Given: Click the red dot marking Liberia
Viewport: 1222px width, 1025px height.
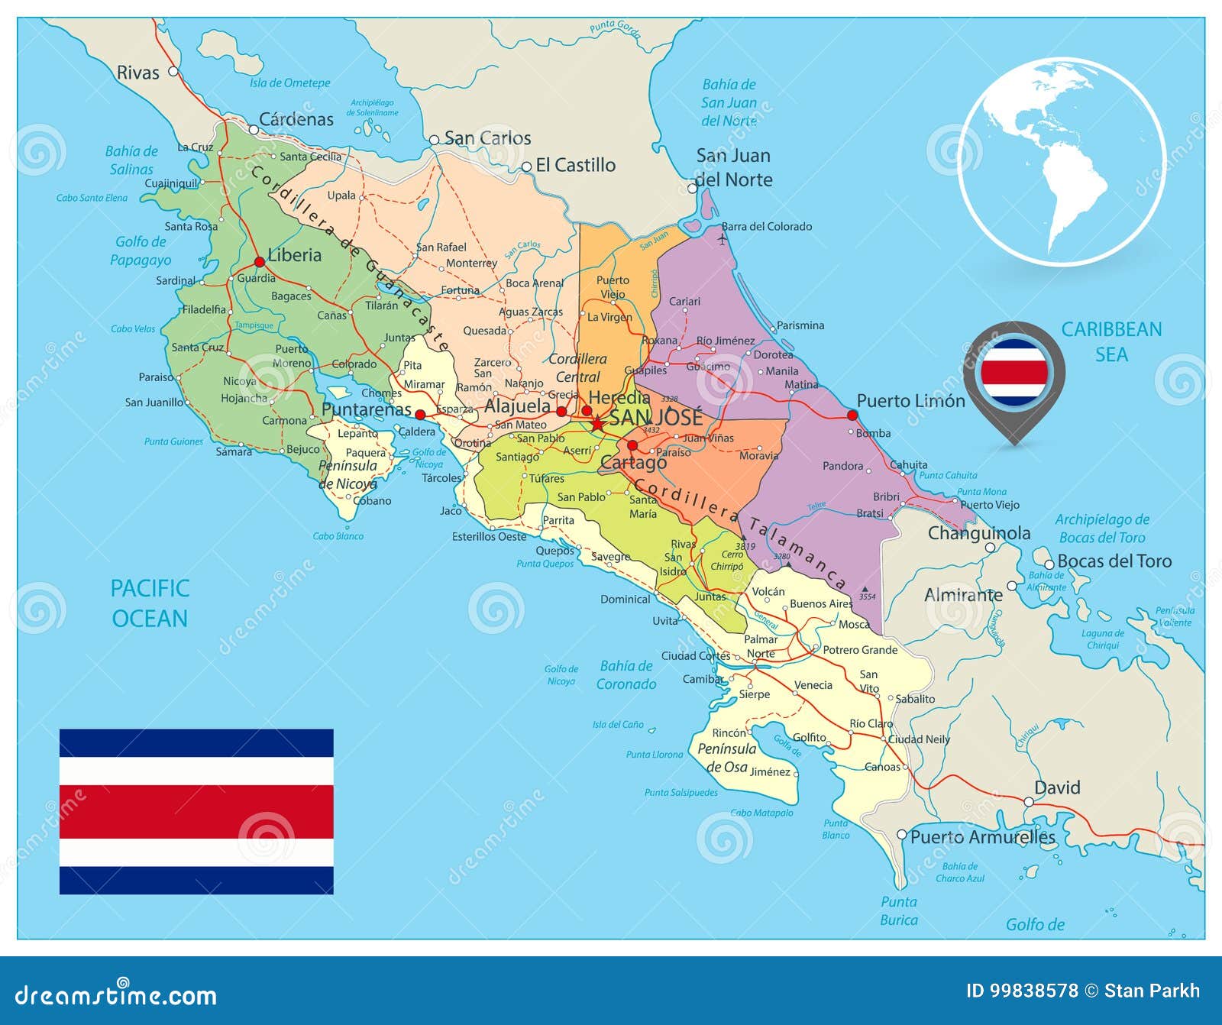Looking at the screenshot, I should pyautogui.click(x=260, y=262).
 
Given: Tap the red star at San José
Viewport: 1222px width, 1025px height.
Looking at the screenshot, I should pyautogui.click(x=597, y=422).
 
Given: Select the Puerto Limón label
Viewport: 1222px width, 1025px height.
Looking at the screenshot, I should pyautogui.click(x=910, y=401).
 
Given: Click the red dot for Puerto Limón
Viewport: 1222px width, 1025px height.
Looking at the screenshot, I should pyautogui.click(x=852, y=415).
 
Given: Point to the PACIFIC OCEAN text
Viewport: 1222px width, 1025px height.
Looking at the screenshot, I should pyautogui.click(x=150, y=603).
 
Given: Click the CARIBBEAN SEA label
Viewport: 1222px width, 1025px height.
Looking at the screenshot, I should pyautogui.click(x=1111, y=341).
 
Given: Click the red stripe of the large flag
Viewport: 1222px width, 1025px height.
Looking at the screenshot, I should pyautogui.click(x=196, y=811).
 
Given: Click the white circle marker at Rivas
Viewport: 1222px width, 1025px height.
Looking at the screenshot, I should pyautogui.click(x=173, y=71).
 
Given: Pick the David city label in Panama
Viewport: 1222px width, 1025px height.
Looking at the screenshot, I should pyautogui.click(x=1057, y=787).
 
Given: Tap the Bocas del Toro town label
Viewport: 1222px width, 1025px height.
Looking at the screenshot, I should pyautogui.click(x=1114, y=561).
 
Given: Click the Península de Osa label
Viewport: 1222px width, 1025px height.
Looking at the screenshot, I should pyautogui.click(x=726, y=758).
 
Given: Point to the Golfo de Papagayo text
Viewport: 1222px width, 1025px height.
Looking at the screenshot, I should pyautogui.click(x=141, y=251).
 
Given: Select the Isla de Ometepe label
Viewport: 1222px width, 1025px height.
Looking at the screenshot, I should pyautogui.click(x=290, y=82).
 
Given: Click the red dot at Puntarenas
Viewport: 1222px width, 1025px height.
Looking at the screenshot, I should pyautogui.click(x=419, y=415).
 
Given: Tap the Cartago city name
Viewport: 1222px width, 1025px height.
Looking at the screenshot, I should pyautogui.click(x=633, y=463).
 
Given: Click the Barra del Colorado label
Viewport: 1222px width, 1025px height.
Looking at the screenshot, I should pyautogui.click(x=767, y=226).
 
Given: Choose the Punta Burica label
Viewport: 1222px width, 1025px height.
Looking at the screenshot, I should pyautogui.click(x=899, y=910).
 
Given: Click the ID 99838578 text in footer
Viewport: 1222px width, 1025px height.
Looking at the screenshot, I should pyautogui.click(x=1022, y=991).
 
